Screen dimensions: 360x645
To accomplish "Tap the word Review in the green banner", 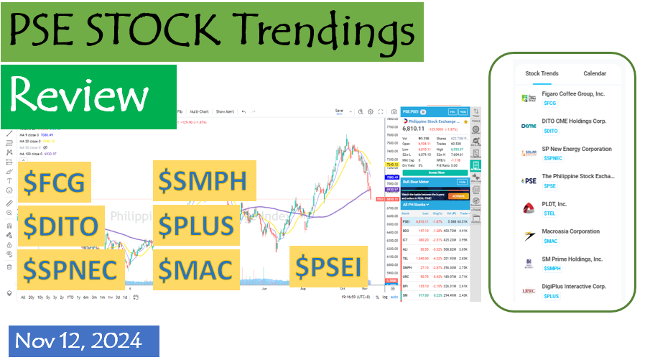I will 80,96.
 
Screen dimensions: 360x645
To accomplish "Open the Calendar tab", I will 594,73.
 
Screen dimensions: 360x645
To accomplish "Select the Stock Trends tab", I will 542,73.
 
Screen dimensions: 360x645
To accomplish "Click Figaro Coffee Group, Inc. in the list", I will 573,94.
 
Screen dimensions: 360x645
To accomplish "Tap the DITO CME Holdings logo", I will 528,126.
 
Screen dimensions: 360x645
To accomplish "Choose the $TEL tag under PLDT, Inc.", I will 549,213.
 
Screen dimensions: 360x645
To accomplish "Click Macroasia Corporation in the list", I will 570,231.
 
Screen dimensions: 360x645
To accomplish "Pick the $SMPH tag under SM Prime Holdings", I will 552,268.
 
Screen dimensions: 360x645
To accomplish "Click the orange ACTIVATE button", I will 458,195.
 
